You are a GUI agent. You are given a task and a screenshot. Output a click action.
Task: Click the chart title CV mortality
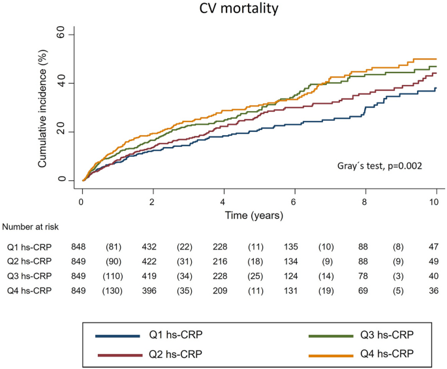224,10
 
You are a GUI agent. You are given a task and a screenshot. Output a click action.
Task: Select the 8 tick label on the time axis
365,202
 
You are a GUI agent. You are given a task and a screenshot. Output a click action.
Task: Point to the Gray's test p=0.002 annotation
384,166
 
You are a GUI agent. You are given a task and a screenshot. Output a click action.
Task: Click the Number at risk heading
31,227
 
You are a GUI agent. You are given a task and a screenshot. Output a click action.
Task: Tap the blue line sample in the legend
117,336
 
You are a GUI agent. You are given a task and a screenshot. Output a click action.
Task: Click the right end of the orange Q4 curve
436,59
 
